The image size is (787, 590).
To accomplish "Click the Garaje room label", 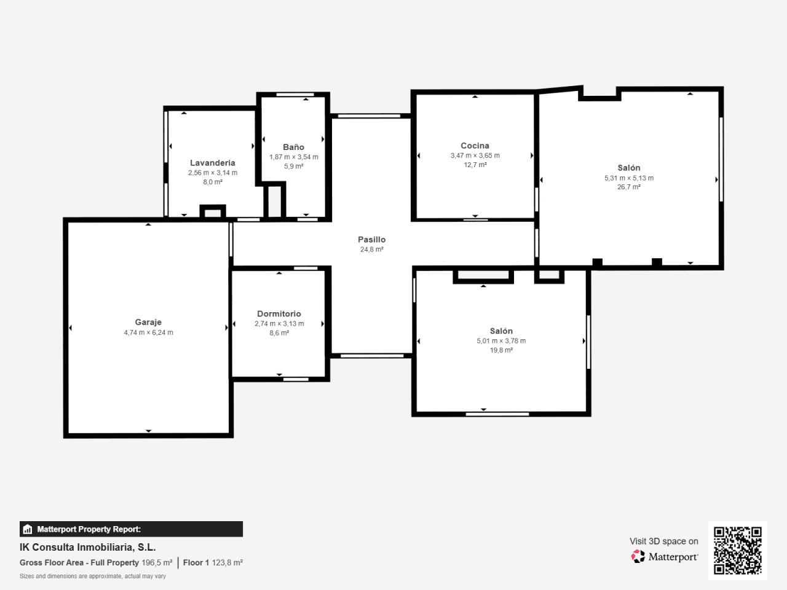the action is point(148,322).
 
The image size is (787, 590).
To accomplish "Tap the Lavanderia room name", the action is point(213,163).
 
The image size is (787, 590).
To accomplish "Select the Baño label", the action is point(293,147).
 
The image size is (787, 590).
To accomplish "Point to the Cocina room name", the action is point(475,146).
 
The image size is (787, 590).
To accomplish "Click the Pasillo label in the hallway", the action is point(371,239).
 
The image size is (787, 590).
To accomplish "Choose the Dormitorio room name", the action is point(279,313).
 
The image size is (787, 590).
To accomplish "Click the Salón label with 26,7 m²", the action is point(628,168).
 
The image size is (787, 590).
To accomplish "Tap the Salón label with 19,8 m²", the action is point(501,331).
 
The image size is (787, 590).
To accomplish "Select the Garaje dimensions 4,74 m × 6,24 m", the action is point(148,332).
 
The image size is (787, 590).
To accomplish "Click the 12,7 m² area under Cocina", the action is point(475,165).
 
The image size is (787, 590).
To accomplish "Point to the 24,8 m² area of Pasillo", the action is point(372,250).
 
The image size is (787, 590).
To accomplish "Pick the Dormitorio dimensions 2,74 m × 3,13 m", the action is point(279,323).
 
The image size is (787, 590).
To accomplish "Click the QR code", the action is point(738,550).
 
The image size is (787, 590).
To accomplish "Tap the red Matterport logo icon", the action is point(638,556).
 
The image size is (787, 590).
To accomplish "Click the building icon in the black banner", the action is point(28,529).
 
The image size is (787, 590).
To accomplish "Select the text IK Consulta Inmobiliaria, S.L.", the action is point(87,548).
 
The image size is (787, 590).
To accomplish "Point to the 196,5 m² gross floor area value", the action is point(157,562).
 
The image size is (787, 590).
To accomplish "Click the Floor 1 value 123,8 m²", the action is point(227,562).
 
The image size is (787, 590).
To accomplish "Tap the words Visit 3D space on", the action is point(663,541).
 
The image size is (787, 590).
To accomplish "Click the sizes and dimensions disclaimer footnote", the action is point(92,576).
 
